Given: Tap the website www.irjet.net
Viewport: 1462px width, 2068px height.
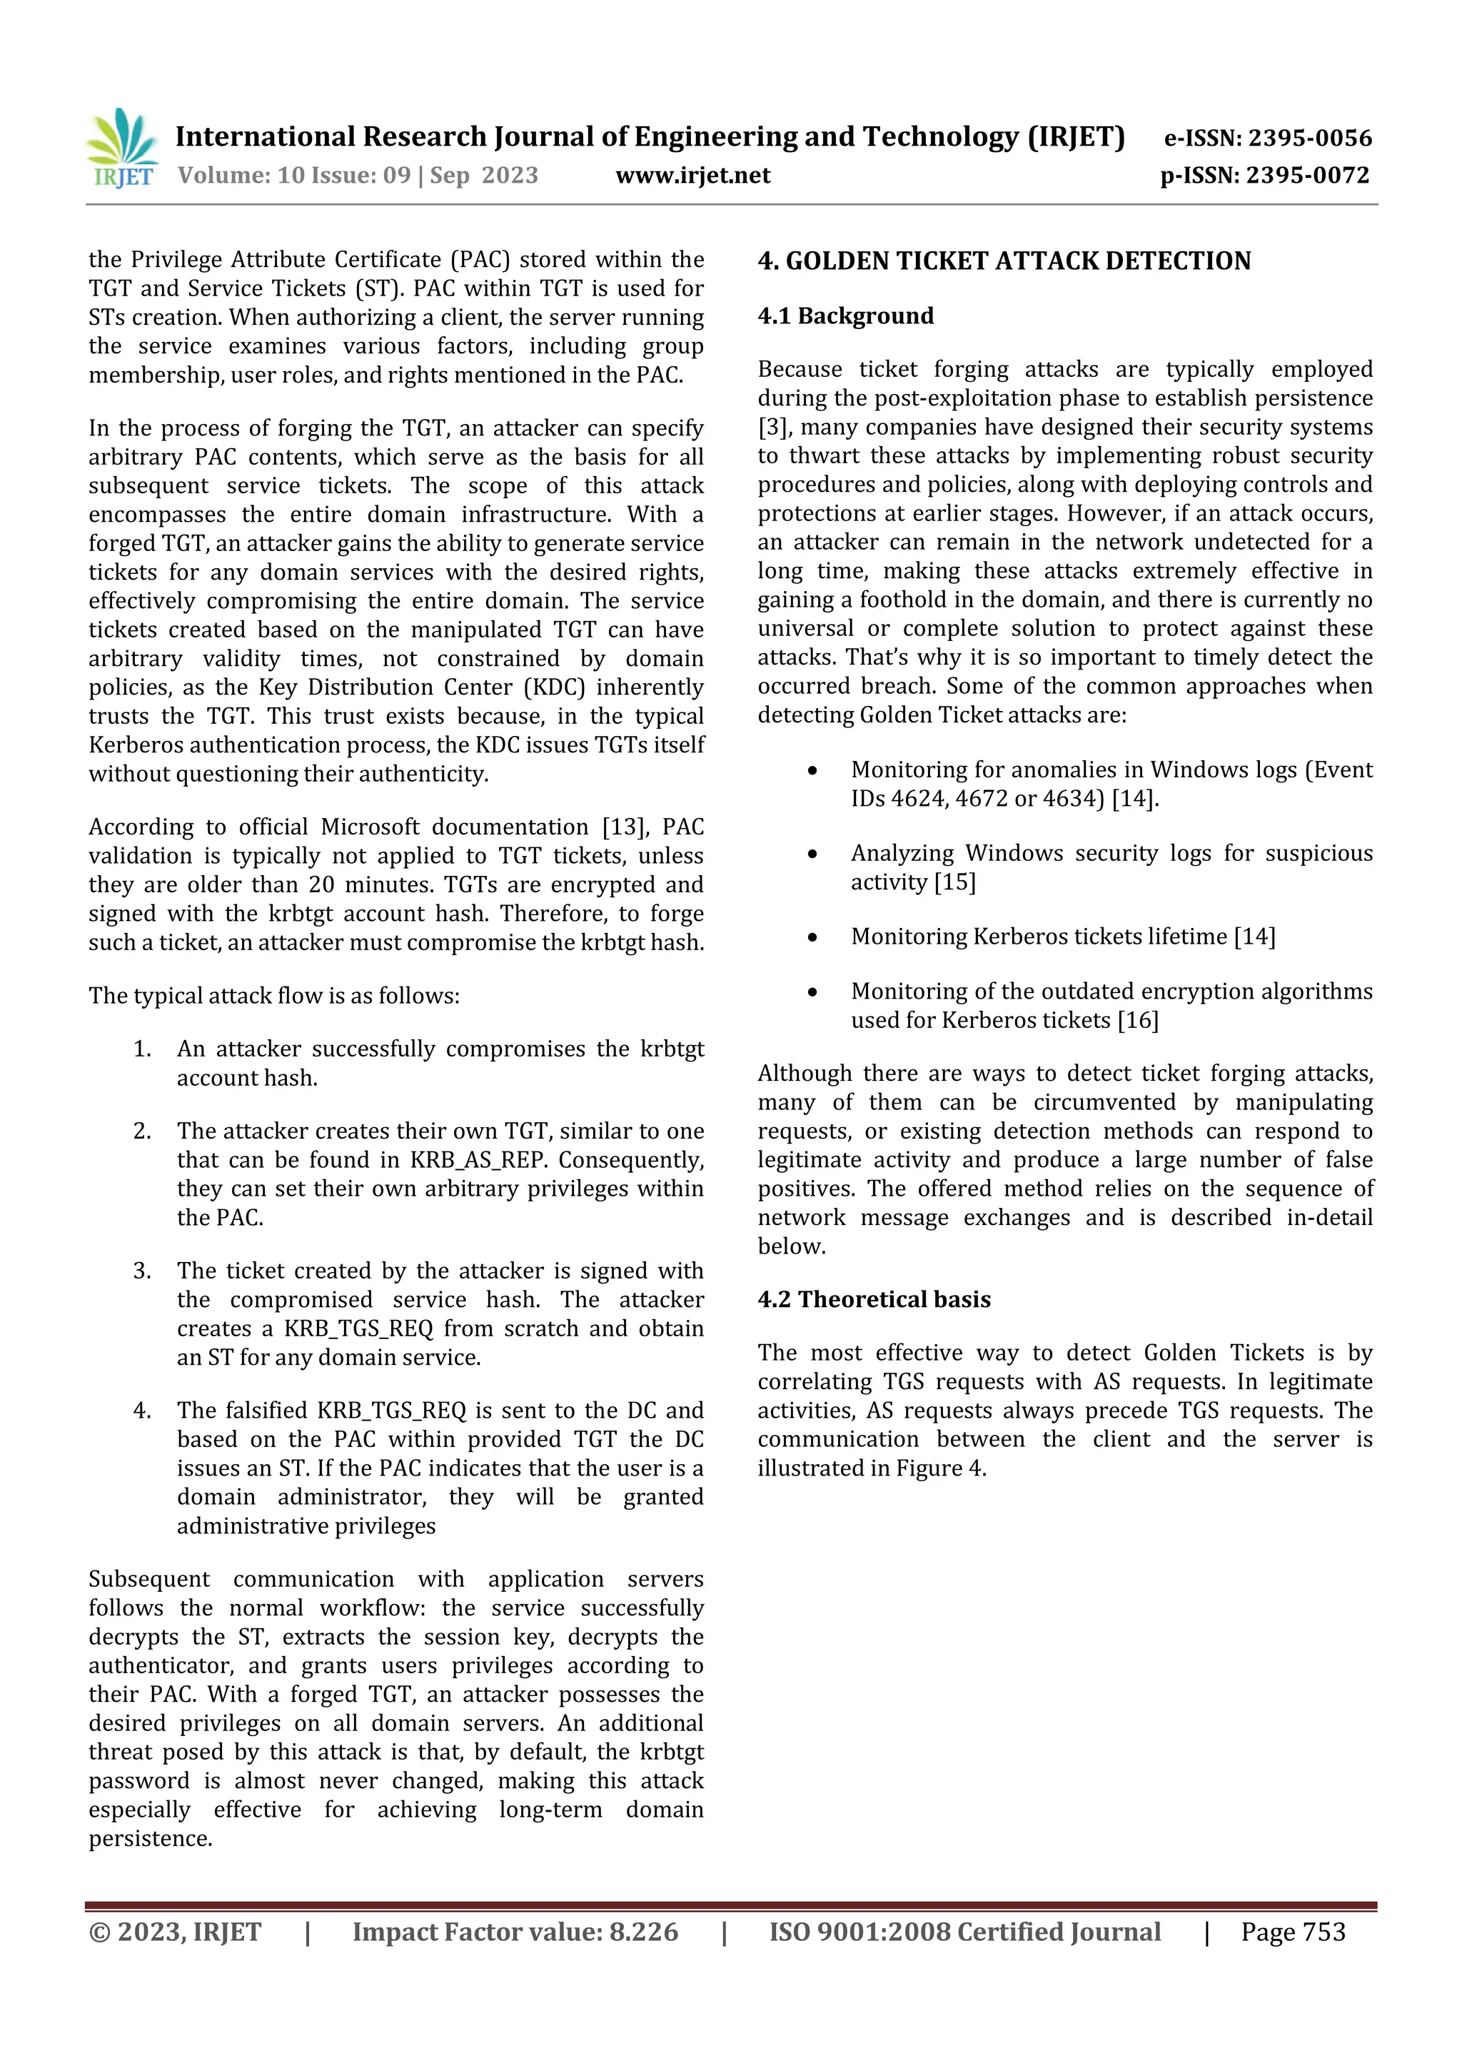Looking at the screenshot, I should click(692, 175).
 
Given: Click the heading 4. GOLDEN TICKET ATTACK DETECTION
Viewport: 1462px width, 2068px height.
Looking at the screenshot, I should click(1004, 261).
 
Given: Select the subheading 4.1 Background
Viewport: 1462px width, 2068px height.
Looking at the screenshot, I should click(845, 316).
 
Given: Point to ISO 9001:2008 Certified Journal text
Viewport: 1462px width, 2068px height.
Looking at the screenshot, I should click(964, 1931).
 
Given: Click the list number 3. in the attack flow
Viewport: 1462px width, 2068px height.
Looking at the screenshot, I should click(142, 1271).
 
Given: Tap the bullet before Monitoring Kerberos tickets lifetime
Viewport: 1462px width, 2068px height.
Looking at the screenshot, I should click(812, 937).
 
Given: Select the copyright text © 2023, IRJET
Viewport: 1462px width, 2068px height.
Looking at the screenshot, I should click(175, 1931).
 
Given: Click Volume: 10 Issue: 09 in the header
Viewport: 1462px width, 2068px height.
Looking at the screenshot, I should click(293, 175).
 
